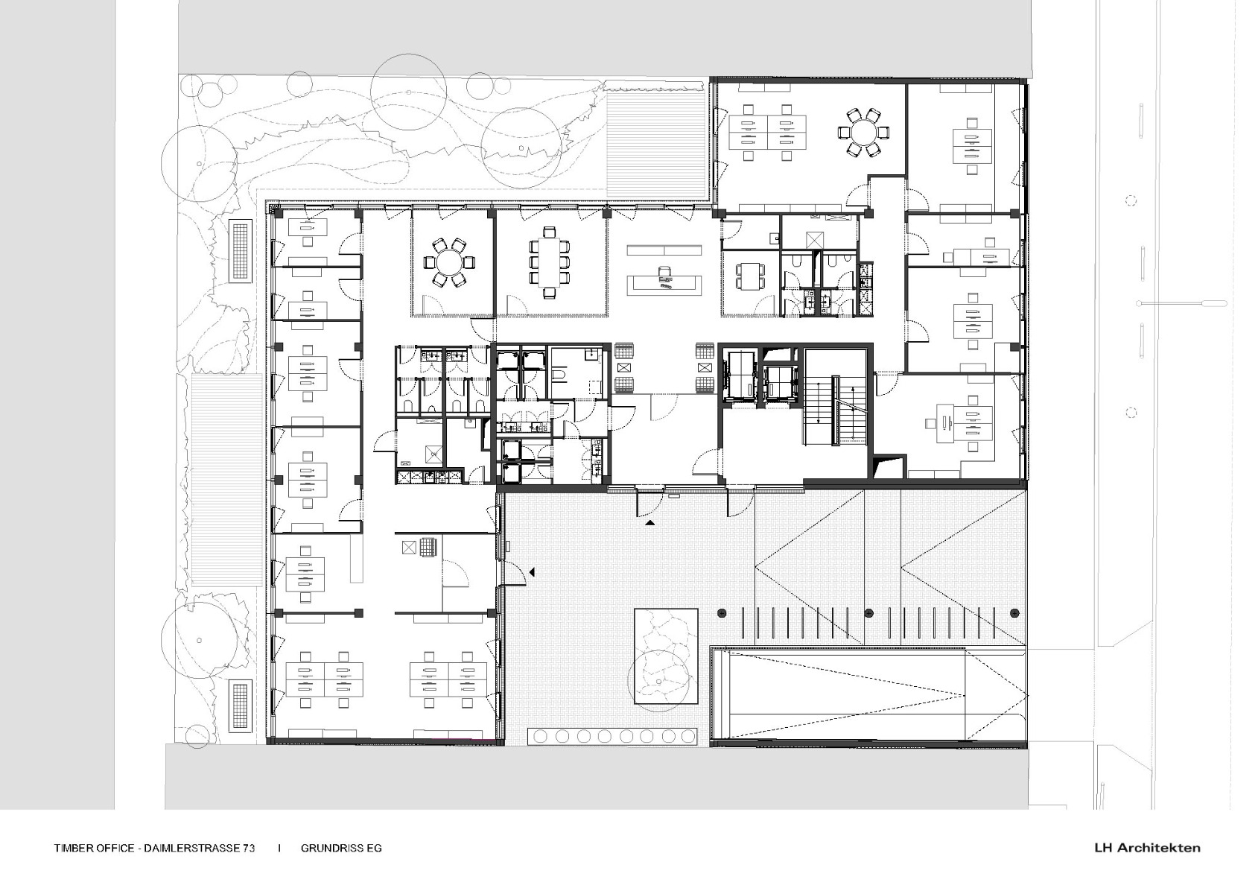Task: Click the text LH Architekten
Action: point(1147,847)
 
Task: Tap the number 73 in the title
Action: point(247,848)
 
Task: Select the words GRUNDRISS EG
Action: point(341,848)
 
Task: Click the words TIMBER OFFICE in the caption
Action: point(94,848)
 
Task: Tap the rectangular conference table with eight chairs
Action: point(549,262)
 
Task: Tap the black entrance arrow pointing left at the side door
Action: point(532,571)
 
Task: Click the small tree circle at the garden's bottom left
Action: point(199,638)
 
